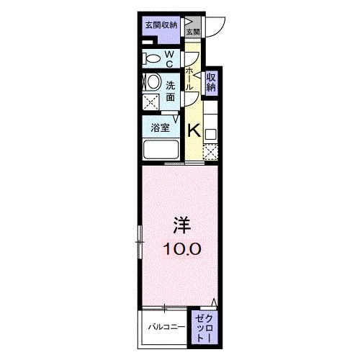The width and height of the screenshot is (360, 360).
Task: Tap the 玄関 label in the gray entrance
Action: tap(193, 32)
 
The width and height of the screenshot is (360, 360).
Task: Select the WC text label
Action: tap(169, 59)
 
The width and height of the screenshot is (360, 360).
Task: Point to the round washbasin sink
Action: tap(153, 82)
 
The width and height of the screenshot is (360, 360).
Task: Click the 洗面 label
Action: tap(171, 91)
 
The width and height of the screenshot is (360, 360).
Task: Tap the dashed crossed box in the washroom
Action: tap(150, 102)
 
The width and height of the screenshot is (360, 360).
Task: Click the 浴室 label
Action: tap(161, 127)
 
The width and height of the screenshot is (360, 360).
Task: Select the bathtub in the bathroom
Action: tap(161, 149)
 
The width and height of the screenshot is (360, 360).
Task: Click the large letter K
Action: tap(194, 131)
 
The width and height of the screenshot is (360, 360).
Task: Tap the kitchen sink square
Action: tap(210, 134)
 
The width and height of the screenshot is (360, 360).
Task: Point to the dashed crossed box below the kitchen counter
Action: tap(210, 152)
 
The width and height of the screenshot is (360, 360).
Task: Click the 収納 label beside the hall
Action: tap(211, 82)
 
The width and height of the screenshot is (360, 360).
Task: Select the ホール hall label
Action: tap(189, 78)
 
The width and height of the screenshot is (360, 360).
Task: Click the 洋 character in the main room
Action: tap(182, 225)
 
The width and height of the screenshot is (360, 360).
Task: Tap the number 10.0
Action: tap(182, 248)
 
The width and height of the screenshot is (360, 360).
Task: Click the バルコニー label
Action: tap(166, 327)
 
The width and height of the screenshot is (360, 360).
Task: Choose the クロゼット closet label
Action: tap(204, 328)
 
